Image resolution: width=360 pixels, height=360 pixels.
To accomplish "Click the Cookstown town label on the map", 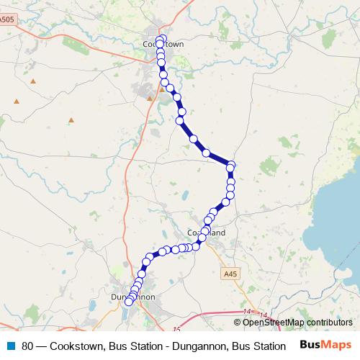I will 163,44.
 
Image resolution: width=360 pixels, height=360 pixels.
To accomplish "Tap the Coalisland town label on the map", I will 206,233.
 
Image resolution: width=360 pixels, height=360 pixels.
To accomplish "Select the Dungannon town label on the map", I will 133,296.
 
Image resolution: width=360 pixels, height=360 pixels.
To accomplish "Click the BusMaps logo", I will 325,345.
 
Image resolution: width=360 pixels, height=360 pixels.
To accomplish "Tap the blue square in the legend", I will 11,346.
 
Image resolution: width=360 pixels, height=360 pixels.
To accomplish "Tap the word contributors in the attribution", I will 328,323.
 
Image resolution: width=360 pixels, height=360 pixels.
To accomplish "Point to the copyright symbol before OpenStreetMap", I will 238,323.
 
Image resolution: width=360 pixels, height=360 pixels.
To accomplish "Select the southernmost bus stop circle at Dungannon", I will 129,302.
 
